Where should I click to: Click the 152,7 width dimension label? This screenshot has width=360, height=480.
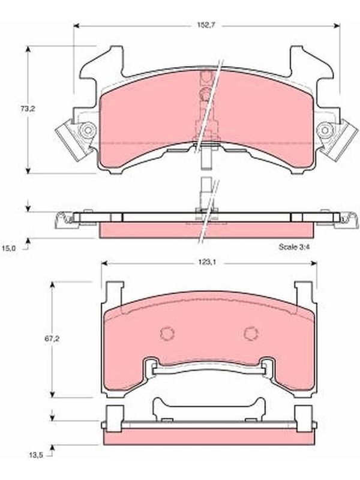coord(206,25)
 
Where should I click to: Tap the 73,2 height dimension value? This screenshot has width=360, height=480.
coord(28,109)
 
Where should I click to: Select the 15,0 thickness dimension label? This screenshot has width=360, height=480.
coord(8,248)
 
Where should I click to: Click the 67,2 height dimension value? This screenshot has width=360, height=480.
coord(52,339)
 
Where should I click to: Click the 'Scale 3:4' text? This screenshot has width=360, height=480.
coord(294,247)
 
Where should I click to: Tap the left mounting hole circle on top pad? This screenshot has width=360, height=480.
coord(88,131)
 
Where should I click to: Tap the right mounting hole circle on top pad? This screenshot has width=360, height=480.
coord(325,131)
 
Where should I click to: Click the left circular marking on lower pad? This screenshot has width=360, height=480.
coord(167,333)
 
